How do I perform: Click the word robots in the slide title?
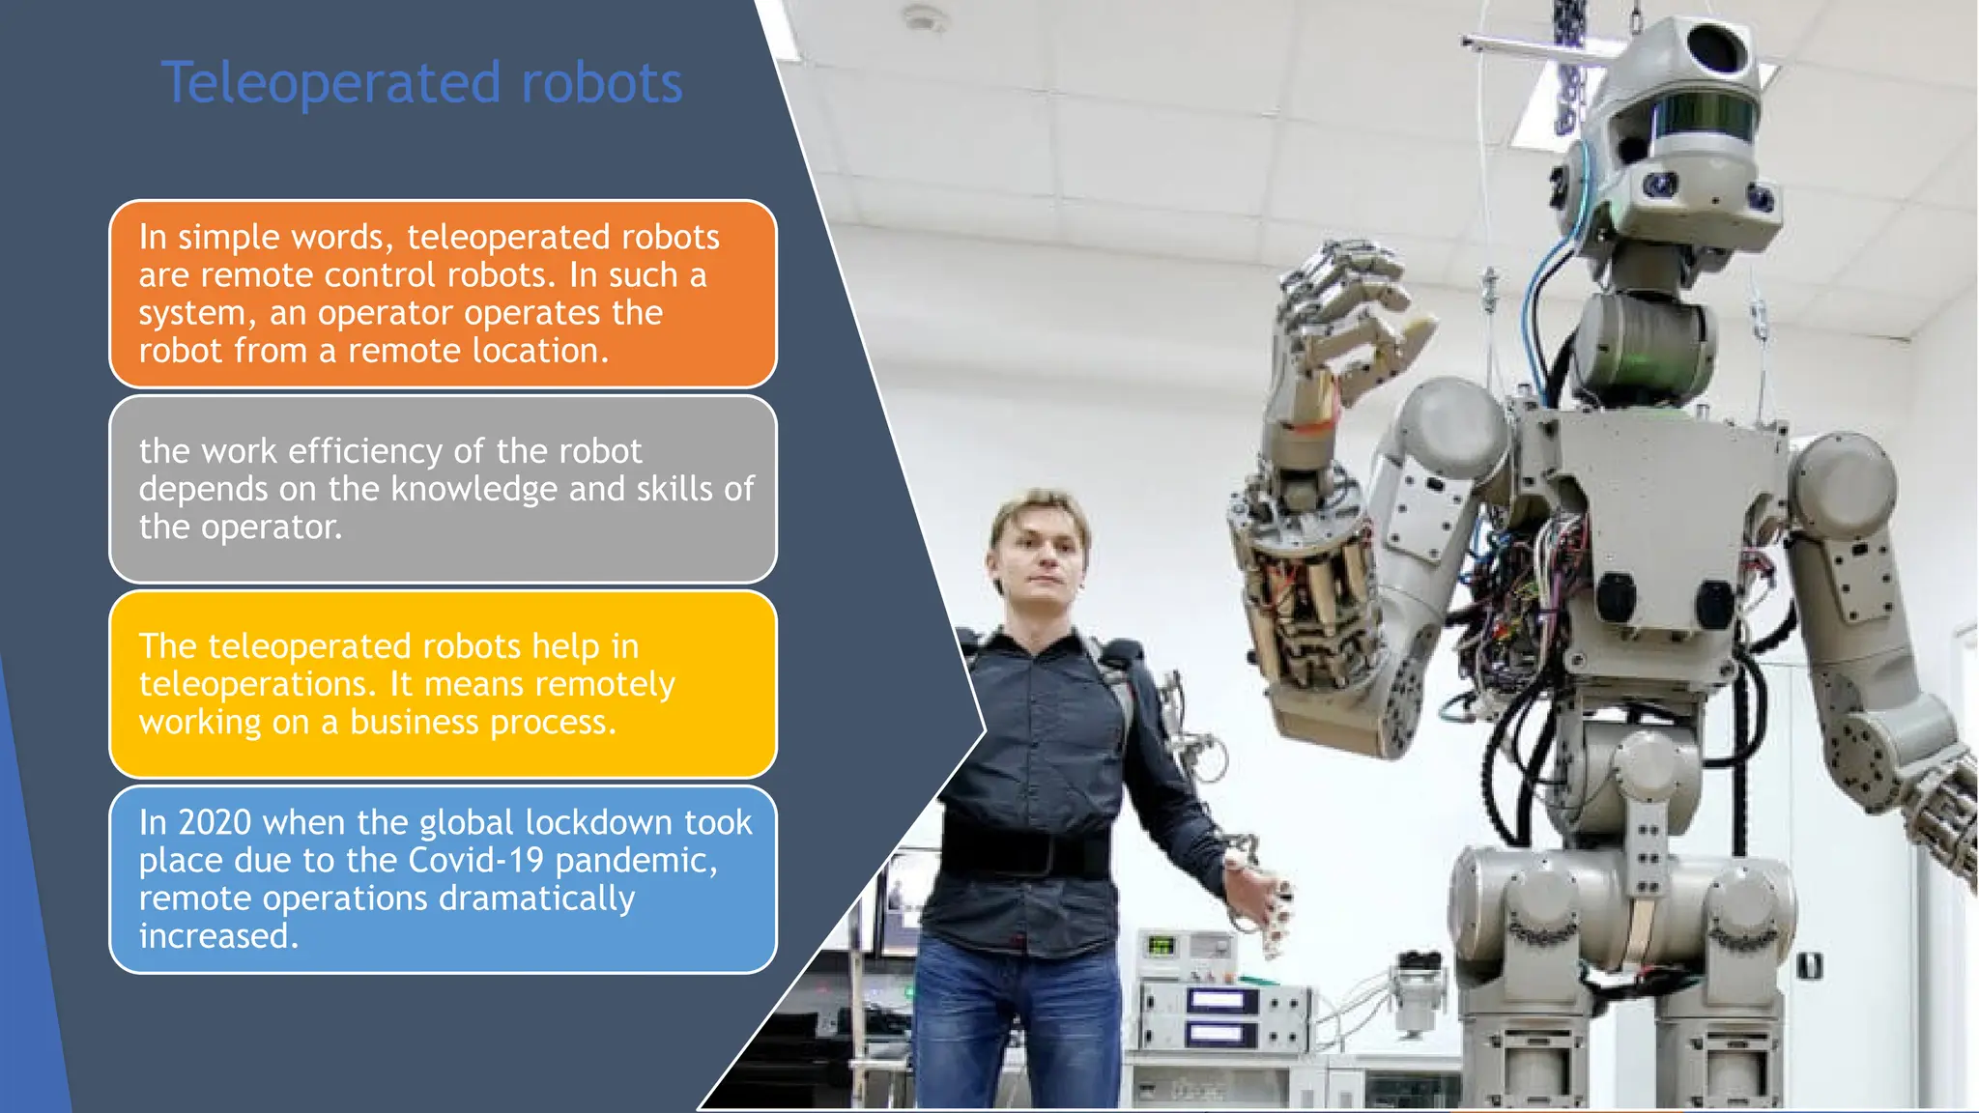coord(601,84)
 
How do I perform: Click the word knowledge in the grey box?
coord(474,490)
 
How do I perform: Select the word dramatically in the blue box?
coord(536,899)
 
